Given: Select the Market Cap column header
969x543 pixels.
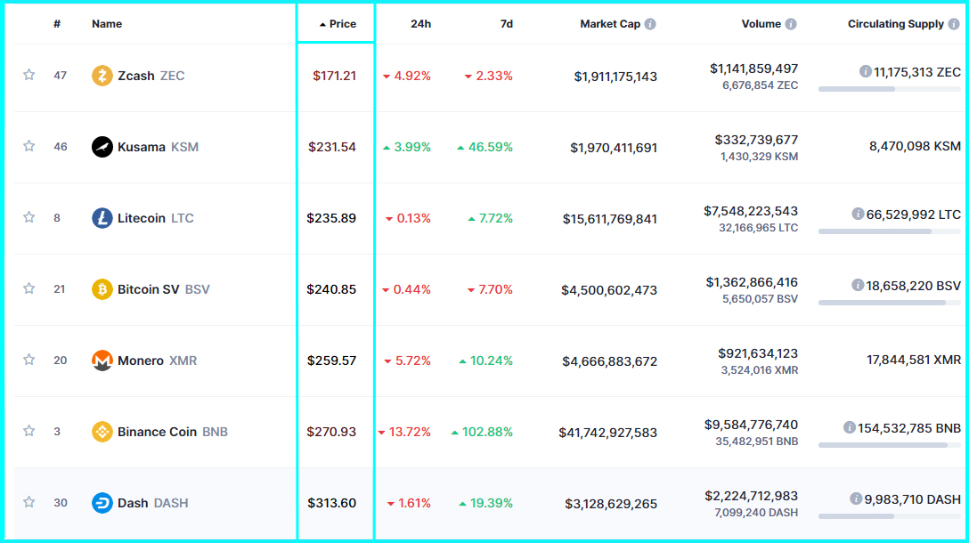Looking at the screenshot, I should (610, 24).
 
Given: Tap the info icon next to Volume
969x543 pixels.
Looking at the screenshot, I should (791, 24).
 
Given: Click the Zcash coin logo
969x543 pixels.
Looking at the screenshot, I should (102, 76).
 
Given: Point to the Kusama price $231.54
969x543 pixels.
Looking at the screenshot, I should (332, 147).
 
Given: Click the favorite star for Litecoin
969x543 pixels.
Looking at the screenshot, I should (28, 217).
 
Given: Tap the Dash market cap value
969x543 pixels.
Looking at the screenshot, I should (611, 504).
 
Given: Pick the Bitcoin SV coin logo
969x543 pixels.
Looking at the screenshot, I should (102, 289).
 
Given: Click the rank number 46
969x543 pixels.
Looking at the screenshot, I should (61, 147).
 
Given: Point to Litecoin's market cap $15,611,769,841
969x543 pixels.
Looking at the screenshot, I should (610, 219).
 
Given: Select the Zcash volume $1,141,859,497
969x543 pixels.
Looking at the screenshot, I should (753, 69).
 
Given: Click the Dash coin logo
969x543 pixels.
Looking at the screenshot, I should (102, 503).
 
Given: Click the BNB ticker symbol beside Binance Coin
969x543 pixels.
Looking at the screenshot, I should (215, 432).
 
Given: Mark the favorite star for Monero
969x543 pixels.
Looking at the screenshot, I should (28, 360).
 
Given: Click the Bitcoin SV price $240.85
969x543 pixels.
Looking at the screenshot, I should (331, 289).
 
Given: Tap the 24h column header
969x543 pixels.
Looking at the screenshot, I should (420, 24).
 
